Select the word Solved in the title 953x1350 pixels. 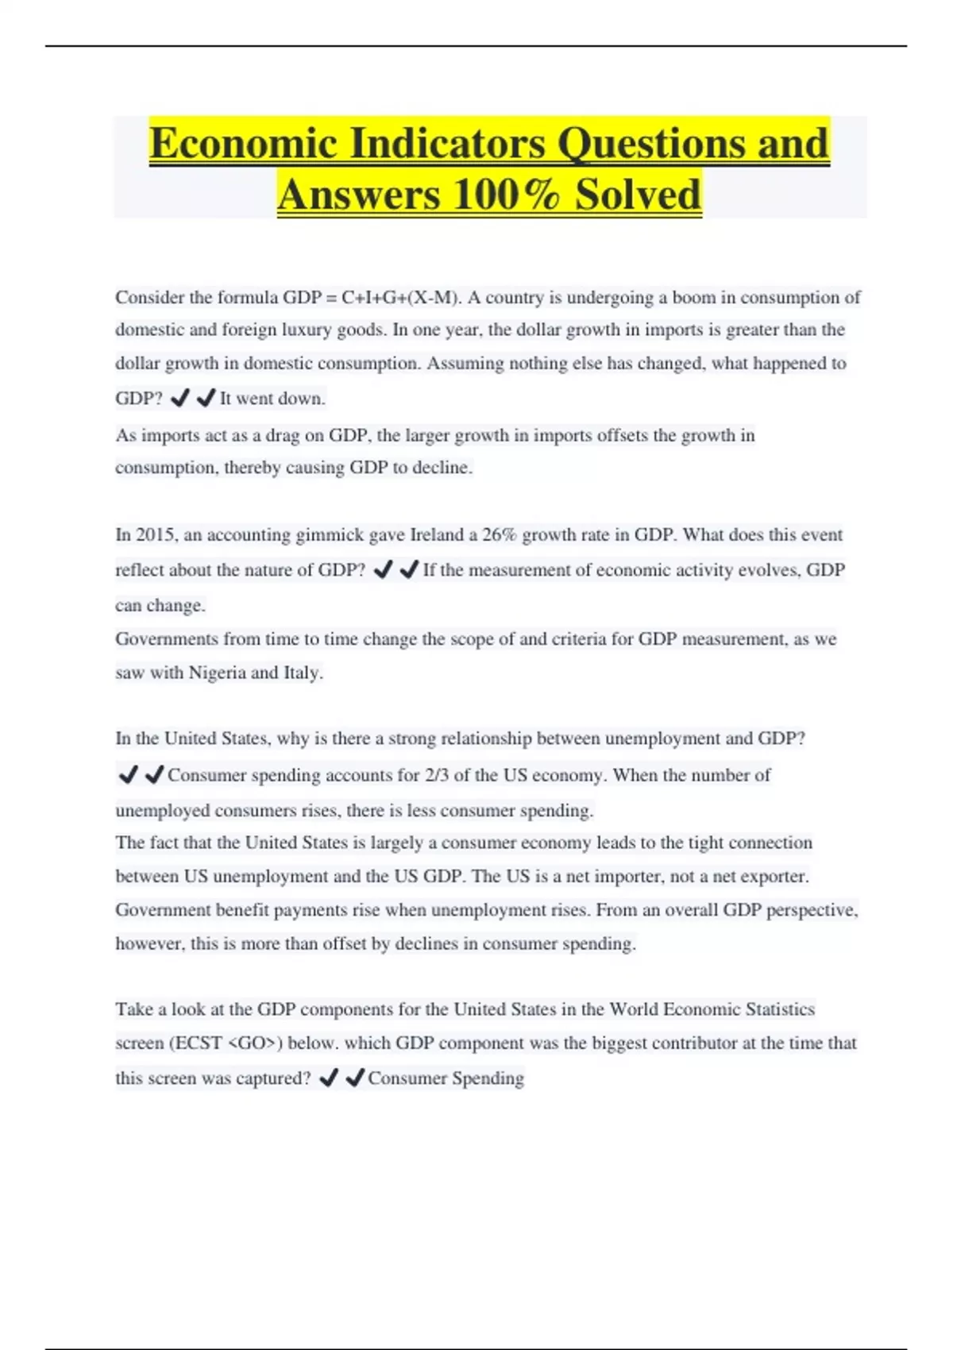(638, 195)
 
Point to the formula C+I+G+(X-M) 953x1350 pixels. (400, 298)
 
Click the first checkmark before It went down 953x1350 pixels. (180, 398)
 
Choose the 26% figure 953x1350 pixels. (499, 535)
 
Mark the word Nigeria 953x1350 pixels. (217, 673)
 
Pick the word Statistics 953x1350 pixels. (775, 1010)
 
